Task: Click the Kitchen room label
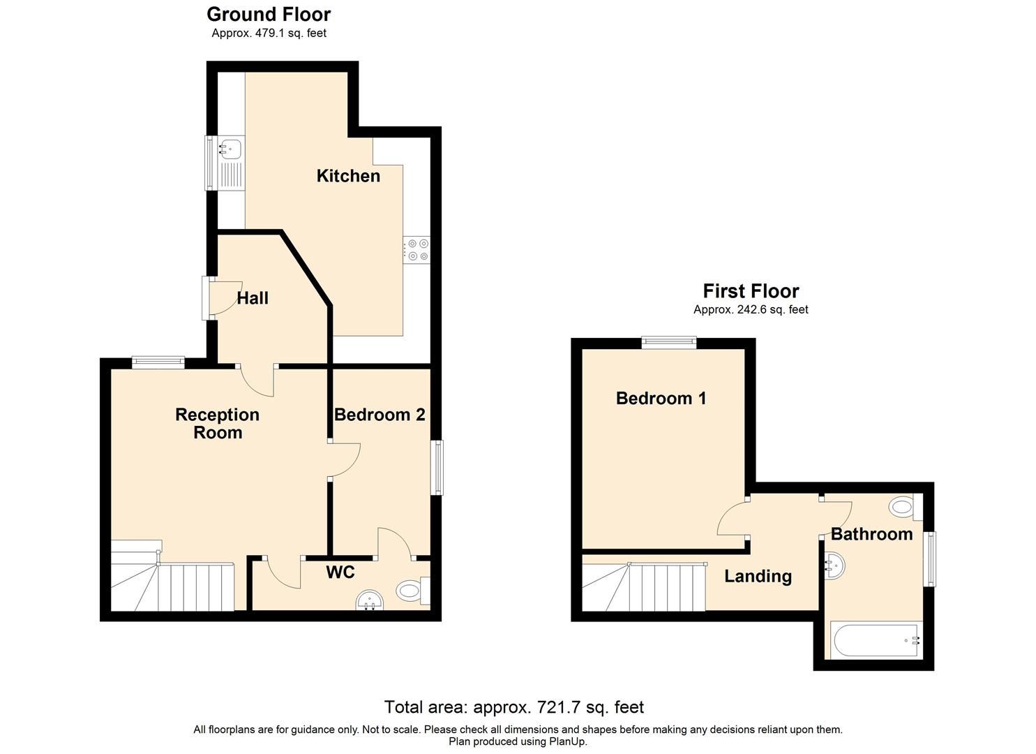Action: click(x=348, y=176)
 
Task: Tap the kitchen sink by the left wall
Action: click(x=230, y=149)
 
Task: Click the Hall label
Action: click(x=253, y=298)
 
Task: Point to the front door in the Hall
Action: click(x=222, y=299)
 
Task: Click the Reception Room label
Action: click(x=217, y=423)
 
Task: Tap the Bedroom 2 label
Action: click(x=380, y=415)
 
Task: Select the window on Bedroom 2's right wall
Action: click(x=437, y=467)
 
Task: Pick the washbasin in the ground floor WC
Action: click(x=370, y=600)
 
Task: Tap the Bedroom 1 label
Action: click(x=661, y=399)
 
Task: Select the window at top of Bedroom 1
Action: click(x=669, y=341)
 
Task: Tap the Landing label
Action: click(x=758, y=576)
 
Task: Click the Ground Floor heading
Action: click(x=269, y=14)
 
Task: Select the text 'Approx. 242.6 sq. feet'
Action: click(x=751, y=309)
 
